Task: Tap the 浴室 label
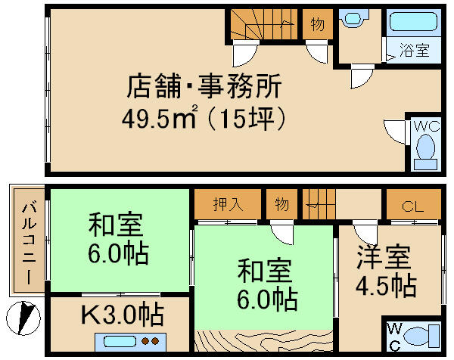click(415, 51)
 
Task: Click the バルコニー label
click(28, 242)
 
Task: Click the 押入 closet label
click(226, 204)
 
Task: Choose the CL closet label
click(412, 205)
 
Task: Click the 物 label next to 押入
click(281, 204)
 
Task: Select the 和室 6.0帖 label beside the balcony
click(118, 237)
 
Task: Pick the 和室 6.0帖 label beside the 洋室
click(265, 284)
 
